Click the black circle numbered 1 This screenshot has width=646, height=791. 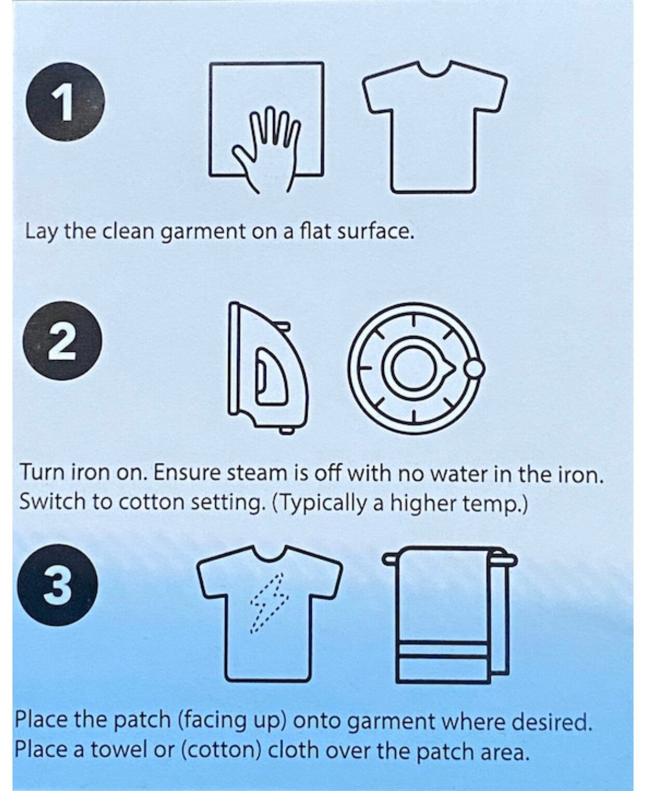pos(65,101)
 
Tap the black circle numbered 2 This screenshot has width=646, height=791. pos(62,340)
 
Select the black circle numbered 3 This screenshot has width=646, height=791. pos(58,585)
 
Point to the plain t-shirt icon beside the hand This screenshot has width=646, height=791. pos(434,127)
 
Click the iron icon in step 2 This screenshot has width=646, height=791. pos(268,367)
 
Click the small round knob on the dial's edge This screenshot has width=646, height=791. pos(475,368)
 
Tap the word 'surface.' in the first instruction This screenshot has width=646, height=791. pos(376,232)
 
